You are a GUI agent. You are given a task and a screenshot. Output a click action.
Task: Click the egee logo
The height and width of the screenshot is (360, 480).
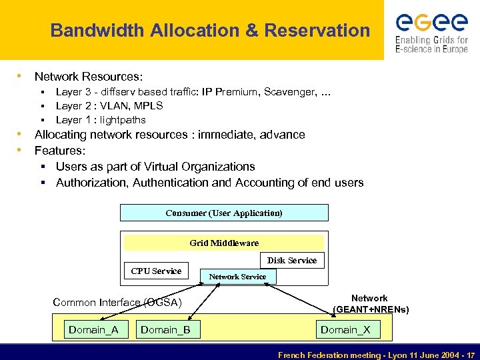pos(431,31)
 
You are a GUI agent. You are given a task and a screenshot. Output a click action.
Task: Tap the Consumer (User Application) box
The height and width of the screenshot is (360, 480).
pos(224,213)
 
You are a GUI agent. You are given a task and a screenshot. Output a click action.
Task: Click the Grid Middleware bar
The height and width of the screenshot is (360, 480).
pos(224,243)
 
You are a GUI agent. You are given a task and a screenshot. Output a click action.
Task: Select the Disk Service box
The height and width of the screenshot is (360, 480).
pos(291,260)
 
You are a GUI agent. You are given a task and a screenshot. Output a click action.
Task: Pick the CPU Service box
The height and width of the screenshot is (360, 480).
pos(156,271)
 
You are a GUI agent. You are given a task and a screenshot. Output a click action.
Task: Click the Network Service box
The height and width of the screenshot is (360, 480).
pos(237,277)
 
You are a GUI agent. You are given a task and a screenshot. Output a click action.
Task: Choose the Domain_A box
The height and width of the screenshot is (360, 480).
pos(93,329)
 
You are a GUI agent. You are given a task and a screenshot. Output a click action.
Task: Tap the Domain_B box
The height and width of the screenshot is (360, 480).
pos(165,329)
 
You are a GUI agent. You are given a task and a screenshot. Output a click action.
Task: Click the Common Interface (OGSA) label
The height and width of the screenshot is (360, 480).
pos(117,303)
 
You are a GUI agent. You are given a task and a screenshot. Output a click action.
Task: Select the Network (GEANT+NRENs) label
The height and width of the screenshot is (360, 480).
pos(370,304)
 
